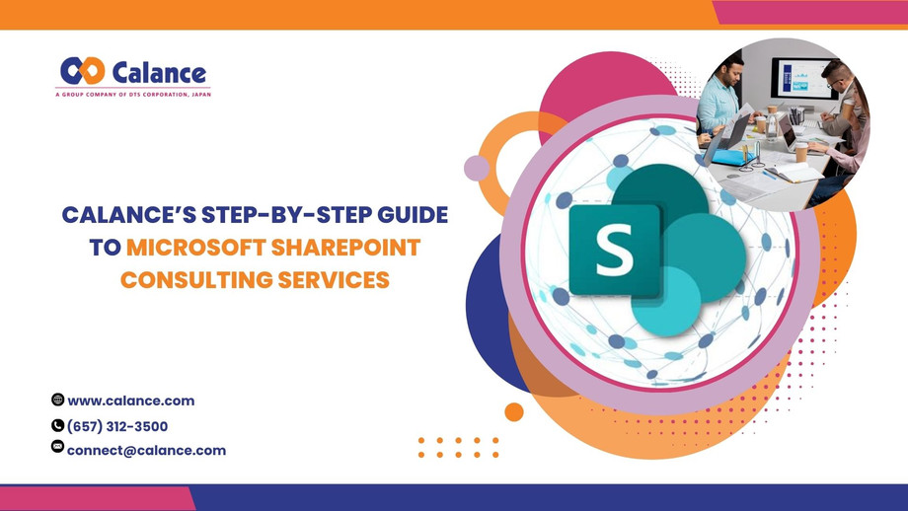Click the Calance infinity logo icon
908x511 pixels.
click(x=82, y=71)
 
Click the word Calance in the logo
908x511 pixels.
click(x=159, y=73)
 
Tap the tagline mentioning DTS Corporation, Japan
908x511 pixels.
click(x=132, y=93)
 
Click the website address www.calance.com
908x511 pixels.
click(x=130, y=401)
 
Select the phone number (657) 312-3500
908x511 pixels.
click(x=117, y=426)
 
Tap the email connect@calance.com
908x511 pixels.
click(x=146, y=450)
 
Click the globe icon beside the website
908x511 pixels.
click(x=57, y=400)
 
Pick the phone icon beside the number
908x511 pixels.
click(x=57, y=425)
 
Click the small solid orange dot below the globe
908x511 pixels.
click(x=513, y=411)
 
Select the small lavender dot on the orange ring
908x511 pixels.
click(x=477, y=168)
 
